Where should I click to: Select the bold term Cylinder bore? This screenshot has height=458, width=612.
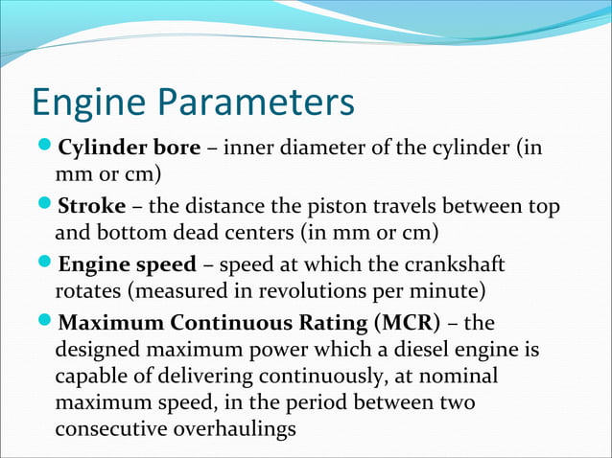click(129, 149)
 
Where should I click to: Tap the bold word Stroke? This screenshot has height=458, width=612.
click(92, 207)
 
